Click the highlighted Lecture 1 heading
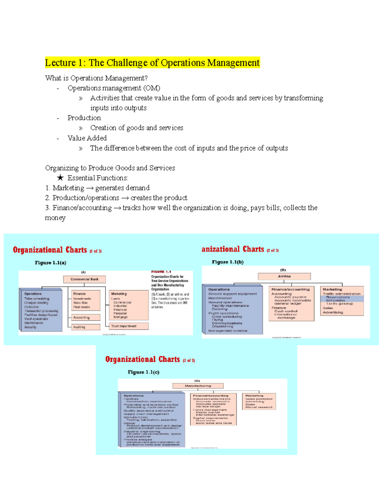click(152, 62)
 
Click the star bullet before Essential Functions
click(60, 178)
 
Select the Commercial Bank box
click(84, 279)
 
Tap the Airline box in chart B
click(284, 276)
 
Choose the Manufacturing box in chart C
click(198, 386)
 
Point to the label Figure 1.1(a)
click(51, 263)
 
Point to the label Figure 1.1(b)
click(228, 262)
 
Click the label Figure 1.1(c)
click(143, 372)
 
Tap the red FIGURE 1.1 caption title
click(161, 272)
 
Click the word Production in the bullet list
click(84, 118)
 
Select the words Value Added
click(87, 138)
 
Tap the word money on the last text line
click(55, 218)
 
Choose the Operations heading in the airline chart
click(219, 289)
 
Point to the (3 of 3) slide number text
click(189, 361)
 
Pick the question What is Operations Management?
click(96, 78)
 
